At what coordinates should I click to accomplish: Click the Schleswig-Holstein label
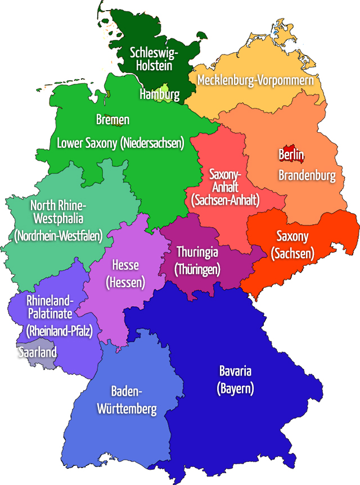154,59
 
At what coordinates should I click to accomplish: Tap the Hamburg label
159,94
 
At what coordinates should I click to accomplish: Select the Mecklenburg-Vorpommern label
255,80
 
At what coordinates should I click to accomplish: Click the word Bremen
112,120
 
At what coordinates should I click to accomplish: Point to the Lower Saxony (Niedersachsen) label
120,143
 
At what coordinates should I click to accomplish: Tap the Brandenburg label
307,175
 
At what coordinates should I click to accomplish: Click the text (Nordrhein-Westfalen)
58,235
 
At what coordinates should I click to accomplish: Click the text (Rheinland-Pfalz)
59,330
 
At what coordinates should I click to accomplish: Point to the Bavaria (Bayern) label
235,379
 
